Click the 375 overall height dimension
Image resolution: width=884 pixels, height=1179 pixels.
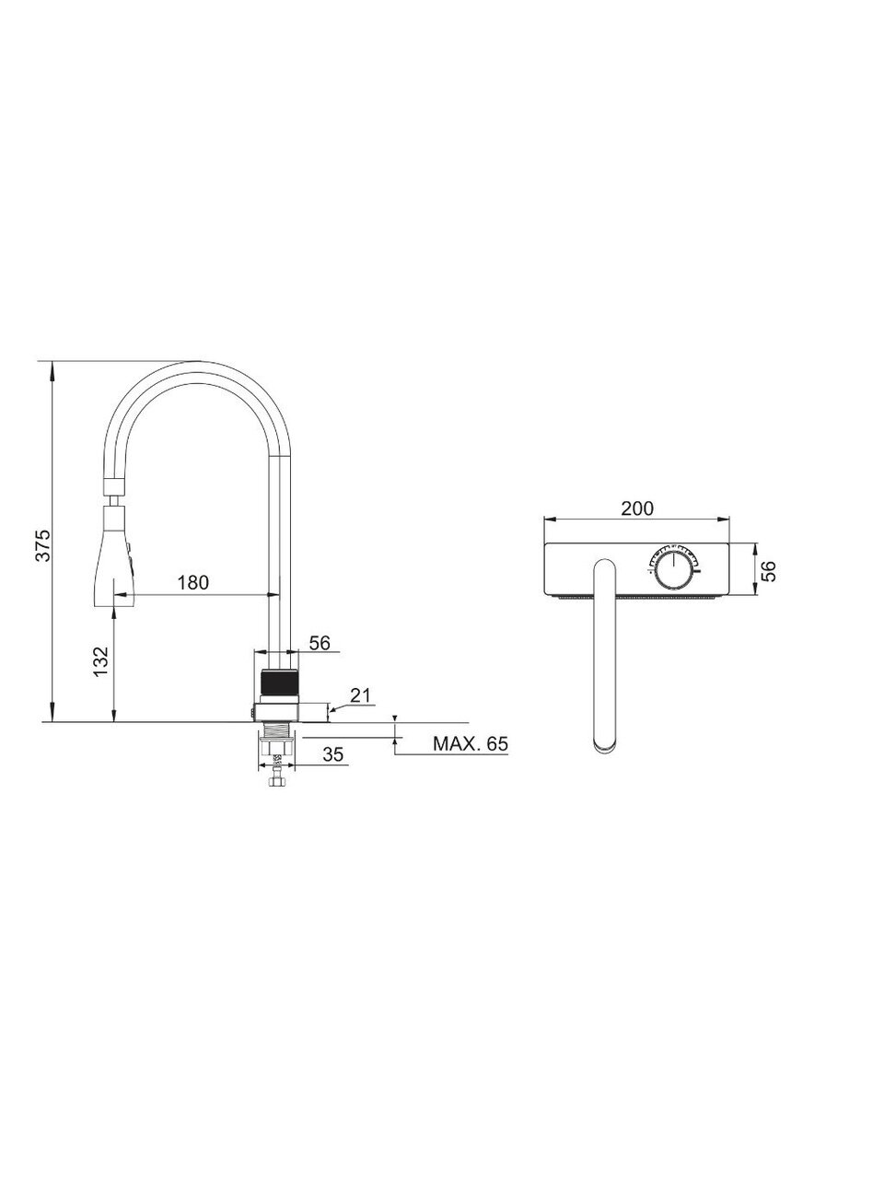(42, 545)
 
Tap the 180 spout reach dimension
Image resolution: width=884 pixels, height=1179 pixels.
(192, 582)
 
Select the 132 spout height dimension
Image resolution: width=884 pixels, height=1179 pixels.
(100, 661)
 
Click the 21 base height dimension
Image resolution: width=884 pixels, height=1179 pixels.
(360, 695)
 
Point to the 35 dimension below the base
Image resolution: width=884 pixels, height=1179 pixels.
(332, 754)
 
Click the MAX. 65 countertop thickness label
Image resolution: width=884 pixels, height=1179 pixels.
(471, 743)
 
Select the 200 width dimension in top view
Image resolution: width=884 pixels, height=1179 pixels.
(637, 508)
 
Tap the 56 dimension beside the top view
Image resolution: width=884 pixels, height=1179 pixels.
(769, 570)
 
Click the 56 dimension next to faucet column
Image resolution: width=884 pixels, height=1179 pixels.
(320, 642)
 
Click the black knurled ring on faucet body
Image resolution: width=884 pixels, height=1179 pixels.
(279, 683)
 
